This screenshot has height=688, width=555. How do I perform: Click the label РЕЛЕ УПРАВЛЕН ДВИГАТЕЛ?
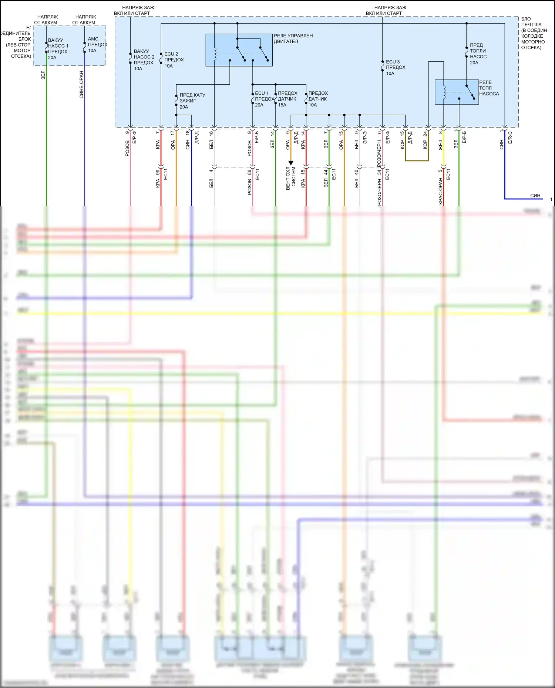(x=293, y=38)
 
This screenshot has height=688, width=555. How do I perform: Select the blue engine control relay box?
(x=239, y=50)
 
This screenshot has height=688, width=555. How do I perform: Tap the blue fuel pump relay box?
(x=457, y=92)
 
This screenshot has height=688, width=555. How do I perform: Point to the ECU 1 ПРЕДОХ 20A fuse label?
(x=264, y=99)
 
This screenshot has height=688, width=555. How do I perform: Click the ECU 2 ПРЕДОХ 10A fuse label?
(x=174, y=60)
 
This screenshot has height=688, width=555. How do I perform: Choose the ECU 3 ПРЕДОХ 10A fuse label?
(x=395, y=68)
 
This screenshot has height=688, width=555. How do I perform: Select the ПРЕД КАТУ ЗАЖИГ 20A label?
(x=192, y=101)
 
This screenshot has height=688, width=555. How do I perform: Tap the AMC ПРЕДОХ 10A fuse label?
(x=97, y=45)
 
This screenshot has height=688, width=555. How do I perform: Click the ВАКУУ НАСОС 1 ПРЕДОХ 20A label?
(x=58, y=49)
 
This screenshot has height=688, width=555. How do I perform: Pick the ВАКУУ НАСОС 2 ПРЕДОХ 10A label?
(x=144, y=60)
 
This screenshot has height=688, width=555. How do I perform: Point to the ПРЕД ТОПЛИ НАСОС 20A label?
(x=478, y=54)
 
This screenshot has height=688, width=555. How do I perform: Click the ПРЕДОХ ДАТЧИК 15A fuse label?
(x=287, y=99)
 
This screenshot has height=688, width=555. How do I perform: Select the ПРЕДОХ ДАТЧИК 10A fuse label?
(x=318, y=99)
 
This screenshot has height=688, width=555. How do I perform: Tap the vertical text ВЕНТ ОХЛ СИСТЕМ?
(x=291, y=179)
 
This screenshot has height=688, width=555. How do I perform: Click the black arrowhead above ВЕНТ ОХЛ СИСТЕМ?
(x=291, y=163)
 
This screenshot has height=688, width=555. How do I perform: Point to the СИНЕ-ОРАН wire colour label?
(x=81, y=85)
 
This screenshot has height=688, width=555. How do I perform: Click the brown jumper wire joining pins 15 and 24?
(x=417, y=160)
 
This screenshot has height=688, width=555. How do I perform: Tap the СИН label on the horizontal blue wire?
(x=535, y=196)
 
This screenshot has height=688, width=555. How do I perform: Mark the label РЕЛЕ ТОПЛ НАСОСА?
(x=489, y=88)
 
